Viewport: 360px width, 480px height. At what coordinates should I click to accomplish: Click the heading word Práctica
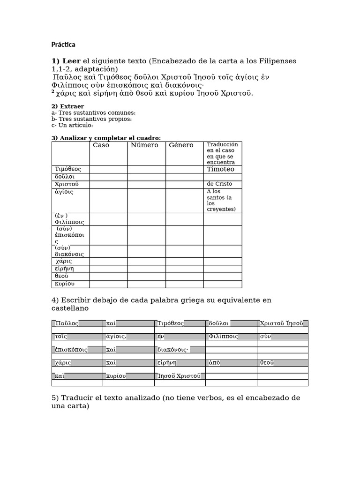click(x=63, y=45)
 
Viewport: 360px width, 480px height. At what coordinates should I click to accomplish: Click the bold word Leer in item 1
click(x=71, y=61)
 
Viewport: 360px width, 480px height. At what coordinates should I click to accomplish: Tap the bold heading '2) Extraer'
click(x=67, y=106)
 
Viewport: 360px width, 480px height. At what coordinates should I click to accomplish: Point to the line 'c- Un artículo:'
click(x=72, y=125)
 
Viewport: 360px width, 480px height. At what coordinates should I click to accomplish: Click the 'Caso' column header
click(x=101, y=145)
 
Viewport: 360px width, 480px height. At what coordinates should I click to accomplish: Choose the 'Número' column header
click(x=144, y=145)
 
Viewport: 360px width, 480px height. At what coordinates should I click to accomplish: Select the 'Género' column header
click(x=181, y=145)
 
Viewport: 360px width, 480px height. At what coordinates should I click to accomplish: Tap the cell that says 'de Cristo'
click(x=219, y=184)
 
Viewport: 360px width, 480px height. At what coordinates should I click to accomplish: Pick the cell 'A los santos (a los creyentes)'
click(x=222, y=200)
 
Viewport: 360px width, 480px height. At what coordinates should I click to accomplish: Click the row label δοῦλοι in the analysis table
click(x=65, y=177)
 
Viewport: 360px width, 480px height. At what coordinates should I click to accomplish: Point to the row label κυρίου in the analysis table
click(x=65, y=284)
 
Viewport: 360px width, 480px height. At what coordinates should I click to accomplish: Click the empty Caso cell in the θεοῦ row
click(x=108, y=276)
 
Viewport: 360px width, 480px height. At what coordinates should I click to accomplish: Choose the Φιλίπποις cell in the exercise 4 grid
click(x=224, y=337)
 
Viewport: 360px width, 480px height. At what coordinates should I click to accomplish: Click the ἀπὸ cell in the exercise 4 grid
click(x=214, y=363)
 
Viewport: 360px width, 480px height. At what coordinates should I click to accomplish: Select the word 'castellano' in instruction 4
click(x=70, y=308)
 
